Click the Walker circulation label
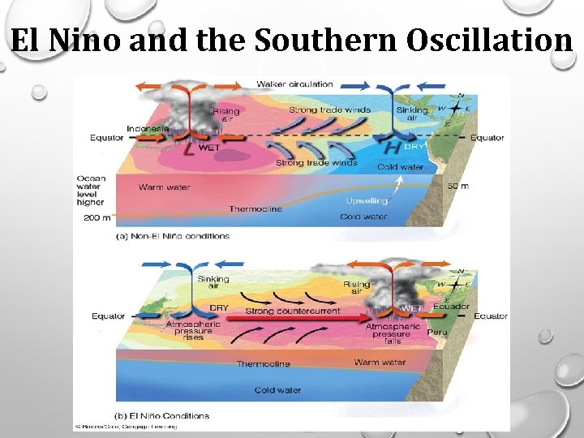[x=294, y=84]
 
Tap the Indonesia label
[x=147, y=128]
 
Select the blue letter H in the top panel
[x=391, y=148]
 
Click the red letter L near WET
[x=189, y=149]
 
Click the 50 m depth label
[x=458, y=187]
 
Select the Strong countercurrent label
[x=294, y=311]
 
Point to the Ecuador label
[x=451, y=307]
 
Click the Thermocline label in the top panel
[x=255, y=208]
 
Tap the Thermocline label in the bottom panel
[x=263, y=364]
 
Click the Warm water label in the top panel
[x=164, y=187]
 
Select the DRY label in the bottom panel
[x=219, y=308]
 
